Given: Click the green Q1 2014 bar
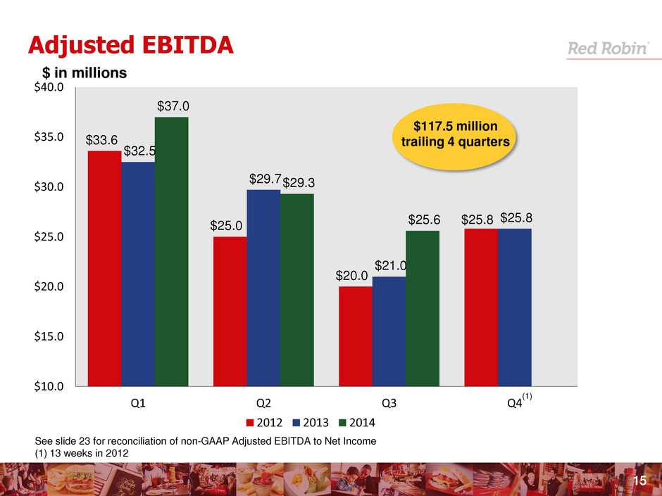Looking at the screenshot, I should pos(171,251).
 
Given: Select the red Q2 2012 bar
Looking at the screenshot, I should pos(230,311).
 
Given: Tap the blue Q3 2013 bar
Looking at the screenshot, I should pos(389,331).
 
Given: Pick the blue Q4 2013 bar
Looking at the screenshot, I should pos(515,307).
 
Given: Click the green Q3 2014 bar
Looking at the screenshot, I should pos(423,308).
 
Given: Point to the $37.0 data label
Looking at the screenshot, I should pos(171,106).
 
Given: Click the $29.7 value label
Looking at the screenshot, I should pos(263,179).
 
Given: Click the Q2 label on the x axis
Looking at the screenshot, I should pos(263,404).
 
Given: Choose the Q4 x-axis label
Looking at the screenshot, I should pos(514,404).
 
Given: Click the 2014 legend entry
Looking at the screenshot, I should pos(358,424).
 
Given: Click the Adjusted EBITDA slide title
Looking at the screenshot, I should pos(120,44).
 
